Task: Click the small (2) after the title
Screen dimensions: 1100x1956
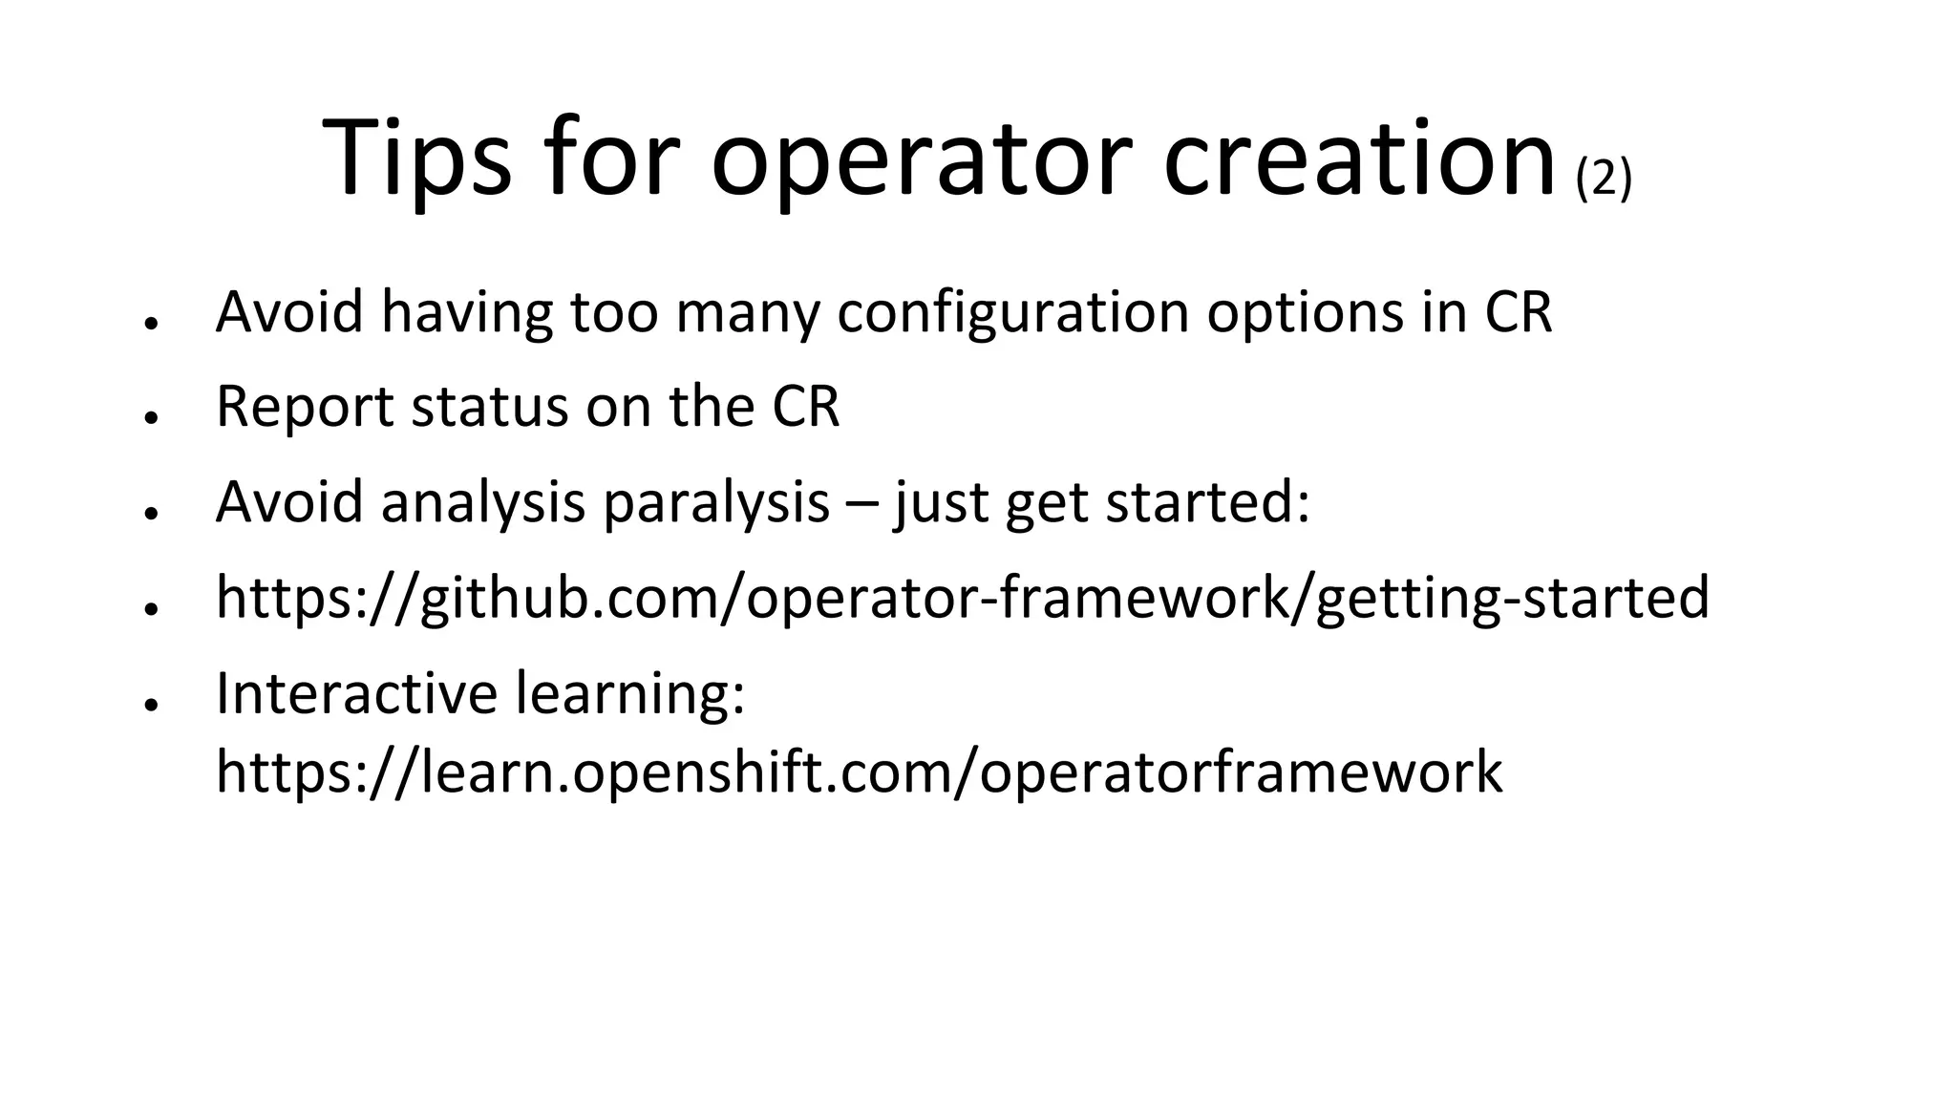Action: pos(1604,179)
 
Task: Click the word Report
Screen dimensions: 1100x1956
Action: pos(305,407)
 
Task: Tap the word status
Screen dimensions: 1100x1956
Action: pos(489,407)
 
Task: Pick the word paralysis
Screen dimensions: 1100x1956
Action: pos(716,502)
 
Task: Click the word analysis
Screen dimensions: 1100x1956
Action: pos(482,502)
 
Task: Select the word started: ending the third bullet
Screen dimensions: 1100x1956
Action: pos(1207,502)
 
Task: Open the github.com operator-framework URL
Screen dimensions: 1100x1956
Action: pos(962,599)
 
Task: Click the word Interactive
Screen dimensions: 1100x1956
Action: pos(356,693)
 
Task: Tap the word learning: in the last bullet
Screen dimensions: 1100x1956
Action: pos(630,693)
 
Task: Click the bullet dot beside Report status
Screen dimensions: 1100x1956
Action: pos(150,417)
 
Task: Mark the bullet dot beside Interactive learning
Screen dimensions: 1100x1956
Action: pos(150,704)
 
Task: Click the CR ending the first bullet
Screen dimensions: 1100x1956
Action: pos(1519,312)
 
